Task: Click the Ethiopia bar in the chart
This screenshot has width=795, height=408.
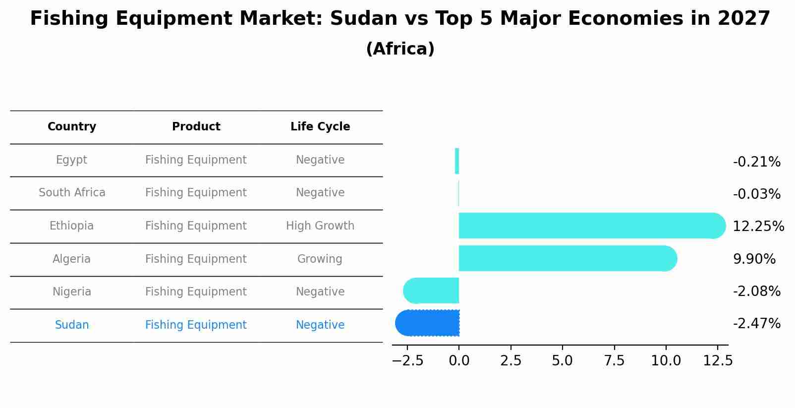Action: (x=590, y=226)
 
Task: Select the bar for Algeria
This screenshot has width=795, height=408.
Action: (x=565, y=258)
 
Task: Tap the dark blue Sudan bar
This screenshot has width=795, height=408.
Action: (x=429, y=323)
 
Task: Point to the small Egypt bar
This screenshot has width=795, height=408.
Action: (x=457, y=161)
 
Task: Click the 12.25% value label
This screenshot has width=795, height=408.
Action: (x=758, y=227)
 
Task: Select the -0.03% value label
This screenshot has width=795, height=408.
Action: (x=756, y=194)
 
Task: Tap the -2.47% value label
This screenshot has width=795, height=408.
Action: (x=756, y=324)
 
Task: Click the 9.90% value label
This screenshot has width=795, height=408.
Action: (x=754, y=259)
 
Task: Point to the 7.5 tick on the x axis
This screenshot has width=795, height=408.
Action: (x=614, y=361)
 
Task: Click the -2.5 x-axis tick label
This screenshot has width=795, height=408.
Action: (x=407, y=361)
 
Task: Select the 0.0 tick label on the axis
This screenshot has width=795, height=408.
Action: (x=459, y=361)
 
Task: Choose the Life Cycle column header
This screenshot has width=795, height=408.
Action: (x=320, y=127)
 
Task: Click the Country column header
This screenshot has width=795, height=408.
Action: (x=72, y=127)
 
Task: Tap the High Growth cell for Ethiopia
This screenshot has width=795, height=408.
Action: (x=320, y=226)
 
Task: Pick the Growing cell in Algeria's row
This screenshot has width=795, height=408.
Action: (x=320, y=259)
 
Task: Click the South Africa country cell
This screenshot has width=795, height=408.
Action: (x=72, y=193)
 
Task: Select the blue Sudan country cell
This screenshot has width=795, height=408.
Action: (x=72, y=325)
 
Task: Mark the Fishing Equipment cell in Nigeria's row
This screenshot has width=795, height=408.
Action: (x=196, y=292)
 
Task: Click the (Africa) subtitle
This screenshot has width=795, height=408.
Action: (x=400, y=49)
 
